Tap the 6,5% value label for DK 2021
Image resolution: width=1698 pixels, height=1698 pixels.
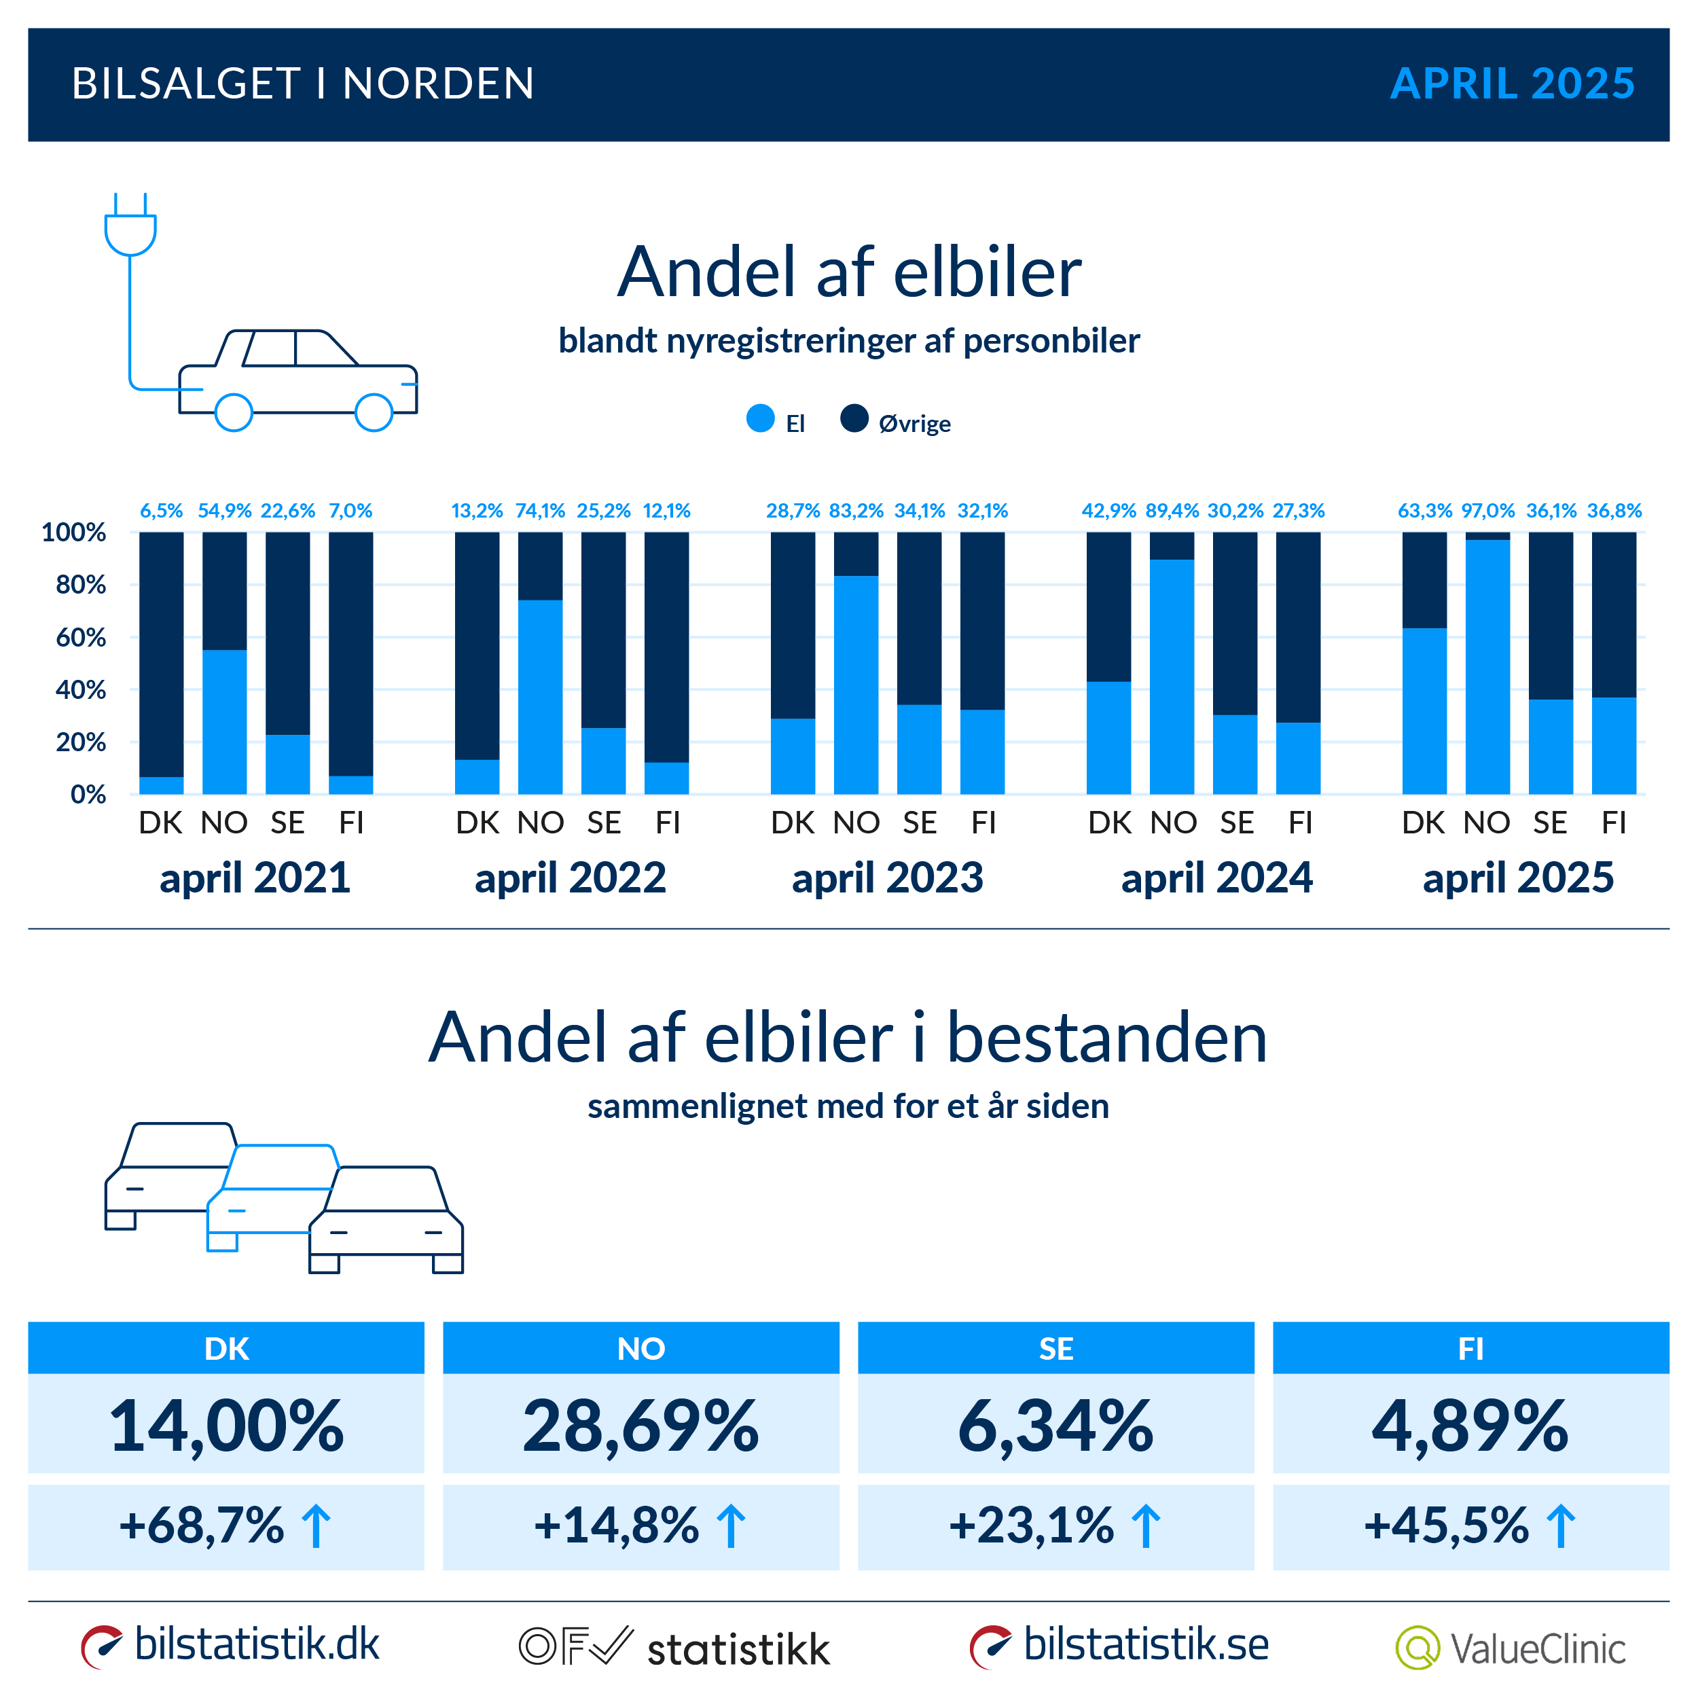point(162,511)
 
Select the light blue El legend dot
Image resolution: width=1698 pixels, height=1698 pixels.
point(760,418)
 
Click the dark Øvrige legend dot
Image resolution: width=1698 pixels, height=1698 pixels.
point(854,418)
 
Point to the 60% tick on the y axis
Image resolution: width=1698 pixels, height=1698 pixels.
point(80,637)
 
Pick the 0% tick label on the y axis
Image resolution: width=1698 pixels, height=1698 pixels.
point(88,795)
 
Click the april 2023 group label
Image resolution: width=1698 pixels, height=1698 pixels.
point(887,877)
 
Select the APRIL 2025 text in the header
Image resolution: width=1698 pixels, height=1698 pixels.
point(1512,84)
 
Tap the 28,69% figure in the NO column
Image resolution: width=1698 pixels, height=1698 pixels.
point(640,1426)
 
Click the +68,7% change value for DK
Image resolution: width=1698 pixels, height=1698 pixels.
point(202,1525)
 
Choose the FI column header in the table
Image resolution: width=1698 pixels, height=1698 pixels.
point(1470,1348)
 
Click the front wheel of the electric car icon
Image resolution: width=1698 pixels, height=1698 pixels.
point(374,412)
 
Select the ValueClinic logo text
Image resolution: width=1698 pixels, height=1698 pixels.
point(1537,1649)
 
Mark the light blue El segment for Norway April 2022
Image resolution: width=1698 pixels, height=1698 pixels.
point(541,696)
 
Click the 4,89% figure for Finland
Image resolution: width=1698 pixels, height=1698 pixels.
point(1470,1426)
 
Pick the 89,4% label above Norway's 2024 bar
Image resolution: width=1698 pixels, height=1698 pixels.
point(1172,511)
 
